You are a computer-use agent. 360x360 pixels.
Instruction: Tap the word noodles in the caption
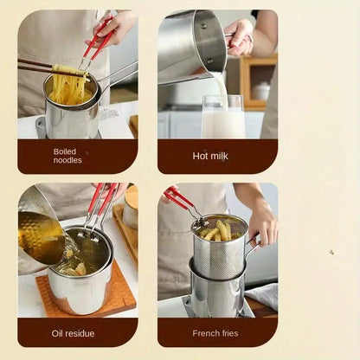tap(68, 160)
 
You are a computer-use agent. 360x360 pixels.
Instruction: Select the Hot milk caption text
tap(211, 156)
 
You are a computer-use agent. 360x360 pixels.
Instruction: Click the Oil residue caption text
tap(73, 333)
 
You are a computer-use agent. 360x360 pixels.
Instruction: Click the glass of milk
tap(223, 118)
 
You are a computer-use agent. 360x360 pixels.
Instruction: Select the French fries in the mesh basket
tap(217, 230)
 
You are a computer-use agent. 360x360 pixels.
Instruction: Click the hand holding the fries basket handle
tap(261, 223)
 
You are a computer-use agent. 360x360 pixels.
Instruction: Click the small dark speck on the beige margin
tap(331, 253)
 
